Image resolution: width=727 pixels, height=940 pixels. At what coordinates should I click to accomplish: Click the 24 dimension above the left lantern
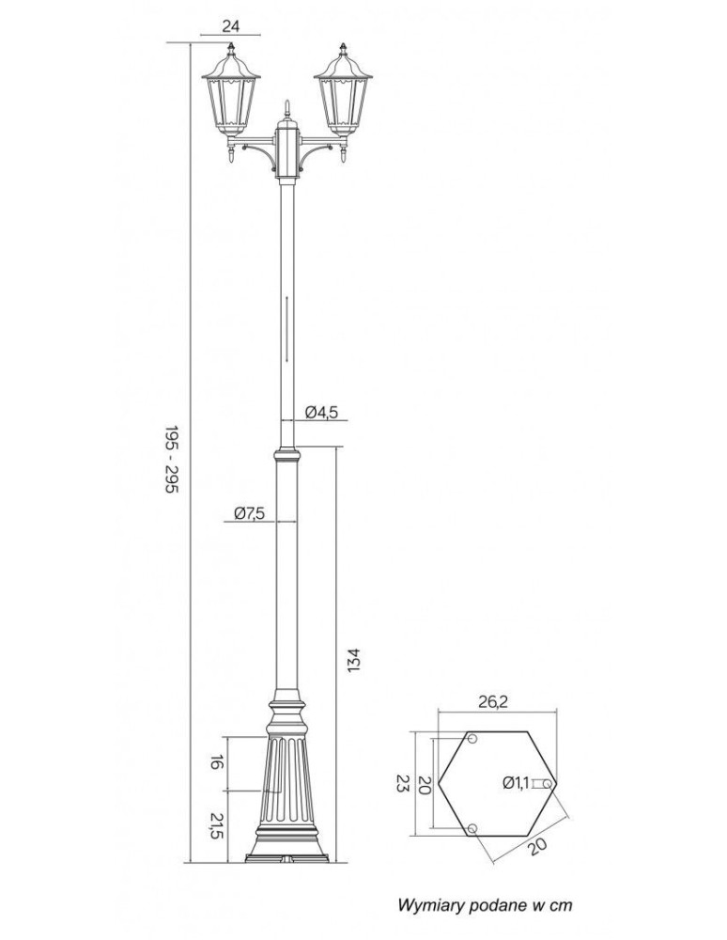click(230, 26)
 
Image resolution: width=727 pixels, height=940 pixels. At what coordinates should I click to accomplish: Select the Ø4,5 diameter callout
click(322, 411)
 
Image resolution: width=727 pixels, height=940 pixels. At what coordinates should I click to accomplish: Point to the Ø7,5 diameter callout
click(249, 513)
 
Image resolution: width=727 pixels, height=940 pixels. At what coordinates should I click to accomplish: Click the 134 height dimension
click(353, 660)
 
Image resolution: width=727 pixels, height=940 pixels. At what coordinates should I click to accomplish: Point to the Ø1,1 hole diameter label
click(518, 782)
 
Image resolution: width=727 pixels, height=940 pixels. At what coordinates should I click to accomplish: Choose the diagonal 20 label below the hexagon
click(536, 846)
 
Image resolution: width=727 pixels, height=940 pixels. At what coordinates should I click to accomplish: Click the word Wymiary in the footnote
click(429, 905)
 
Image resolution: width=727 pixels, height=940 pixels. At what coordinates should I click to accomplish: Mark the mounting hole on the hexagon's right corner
click(549, 782)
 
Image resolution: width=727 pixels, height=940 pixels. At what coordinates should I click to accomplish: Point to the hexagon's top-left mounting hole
click(472, 739)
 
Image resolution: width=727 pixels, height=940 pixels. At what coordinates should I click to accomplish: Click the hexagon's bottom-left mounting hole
click(472, 827)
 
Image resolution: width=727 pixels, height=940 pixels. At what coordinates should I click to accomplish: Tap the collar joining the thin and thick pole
click(286, 457)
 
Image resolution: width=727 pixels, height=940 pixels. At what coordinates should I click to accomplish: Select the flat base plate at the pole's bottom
click(286, 858)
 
